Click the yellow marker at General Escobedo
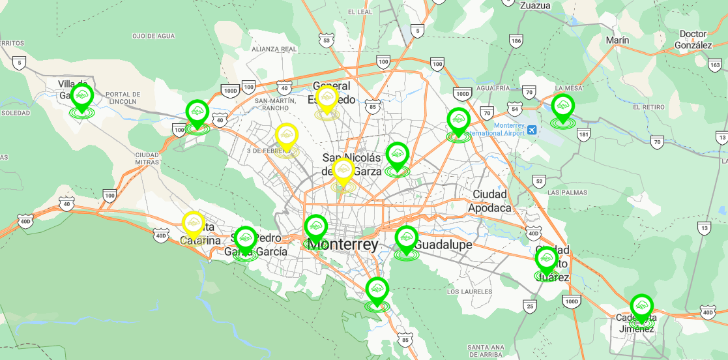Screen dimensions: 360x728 [x=326, y=99]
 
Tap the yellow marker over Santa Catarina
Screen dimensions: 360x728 [x=193, y=224]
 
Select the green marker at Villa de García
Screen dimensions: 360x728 [x=82, y=96]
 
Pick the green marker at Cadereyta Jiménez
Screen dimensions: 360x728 [x=642, y=307]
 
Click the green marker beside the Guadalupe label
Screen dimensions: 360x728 [x=406, y=239]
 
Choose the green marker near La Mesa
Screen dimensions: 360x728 [x=562, y=106]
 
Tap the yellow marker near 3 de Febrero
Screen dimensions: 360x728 [x=286, y=136]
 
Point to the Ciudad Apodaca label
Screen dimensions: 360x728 [x=490, y=201]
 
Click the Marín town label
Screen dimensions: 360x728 [x=617, y=40]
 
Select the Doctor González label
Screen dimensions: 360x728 [x=693, y=39]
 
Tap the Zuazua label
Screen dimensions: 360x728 [x=536, y=5]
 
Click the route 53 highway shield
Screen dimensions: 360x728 [x=327, y=39]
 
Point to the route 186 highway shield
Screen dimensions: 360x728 [x=516, y=41]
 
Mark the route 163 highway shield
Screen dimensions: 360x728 [x=715, y=65]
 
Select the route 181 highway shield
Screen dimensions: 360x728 [x=584, y=135]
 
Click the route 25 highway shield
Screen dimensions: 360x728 [x=531, y=305]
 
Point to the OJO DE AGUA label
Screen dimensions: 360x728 [x=154, y=36]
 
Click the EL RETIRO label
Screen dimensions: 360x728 [x=648, y=107]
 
